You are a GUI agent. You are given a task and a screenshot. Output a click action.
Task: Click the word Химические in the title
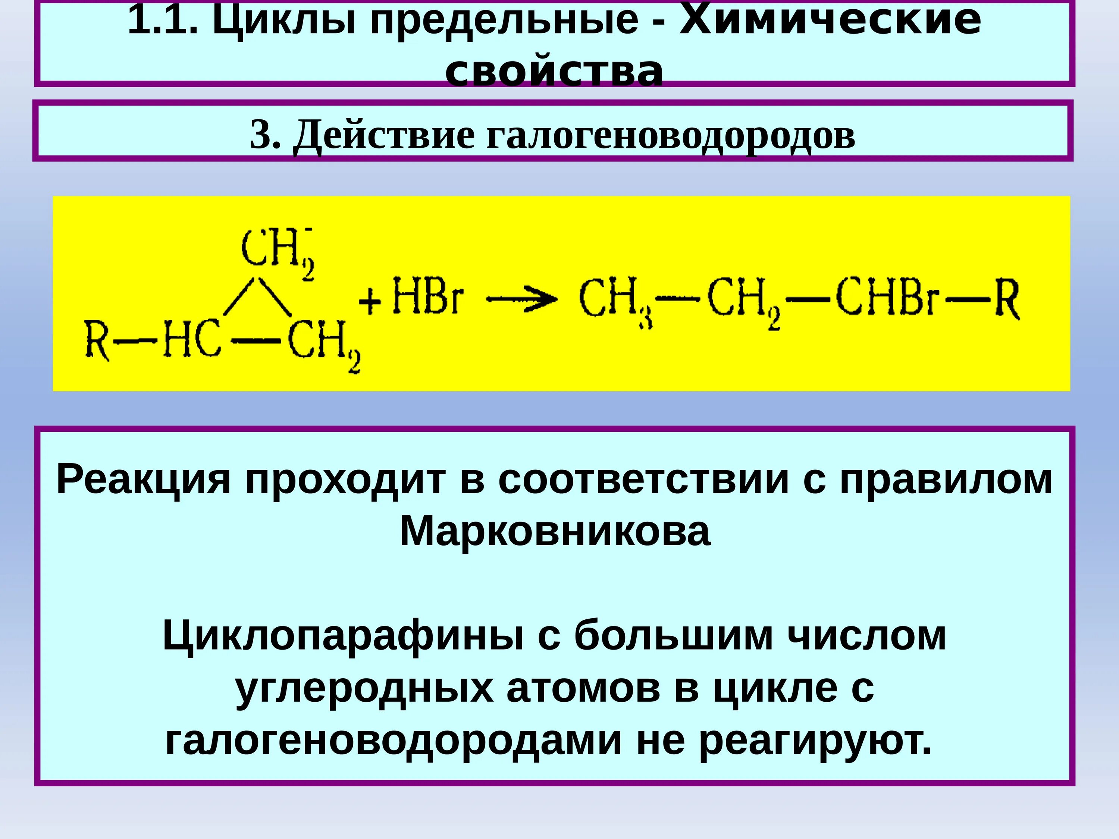tap(830, 21)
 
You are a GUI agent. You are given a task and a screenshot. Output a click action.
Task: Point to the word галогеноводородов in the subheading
tap(671, 135)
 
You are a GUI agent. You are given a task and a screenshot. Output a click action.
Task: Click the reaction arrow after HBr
tap(521, 300)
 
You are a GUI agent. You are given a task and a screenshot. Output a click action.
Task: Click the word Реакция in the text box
tap(143, 480)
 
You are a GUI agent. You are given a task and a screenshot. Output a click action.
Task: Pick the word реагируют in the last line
tap(815, 741)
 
